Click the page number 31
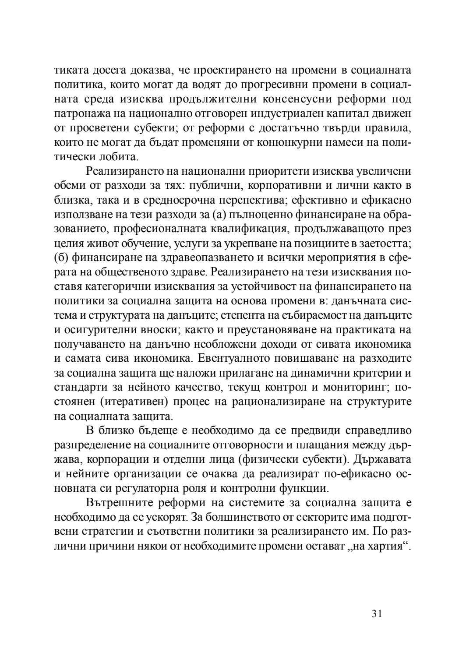click(x=377, y=614)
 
